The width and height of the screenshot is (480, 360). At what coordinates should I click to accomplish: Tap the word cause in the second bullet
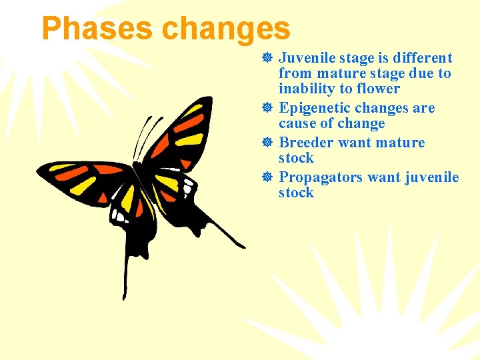point(298,123)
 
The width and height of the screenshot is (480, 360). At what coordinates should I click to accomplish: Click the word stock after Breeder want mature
point(296,158)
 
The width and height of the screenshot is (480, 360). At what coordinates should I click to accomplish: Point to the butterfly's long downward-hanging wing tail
point(125,273)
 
